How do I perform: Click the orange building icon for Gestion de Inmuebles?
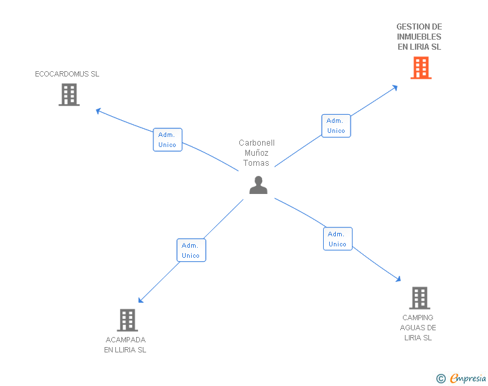coord(420,68)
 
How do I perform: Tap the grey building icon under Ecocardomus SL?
coord(69,95)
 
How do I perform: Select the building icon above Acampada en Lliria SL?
coord(127,320)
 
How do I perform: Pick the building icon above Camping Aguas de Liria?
coord(419,298)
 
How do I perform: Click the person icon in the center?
coord(258,185)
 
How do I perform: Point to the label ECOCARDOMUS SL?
coord(67,74)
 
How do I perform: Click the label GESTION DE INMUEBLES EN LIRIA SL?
coord(419,37)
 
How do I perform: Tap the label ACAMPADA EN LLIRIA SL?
coord(125,345)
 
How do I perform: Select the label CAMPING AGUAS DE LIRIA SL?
coord(418,328)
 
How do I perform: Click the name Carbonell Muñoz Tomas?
coord(257,153)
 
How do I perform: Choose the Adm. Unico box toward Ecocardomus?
coord(168,140)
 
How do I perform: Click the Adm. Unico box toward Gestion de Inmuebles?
coord(336,126)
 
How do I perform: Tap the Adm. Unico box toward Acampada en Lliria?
coord(191,250)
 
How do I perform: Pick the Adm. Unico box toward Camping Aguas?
coord(337,239)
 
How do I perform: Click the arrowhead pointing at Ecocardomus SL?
coord(98,111)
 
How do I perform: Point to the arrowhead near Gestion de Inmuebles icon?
coord(395,87)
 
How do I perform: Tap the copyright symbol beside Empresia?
coord(440,379)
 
